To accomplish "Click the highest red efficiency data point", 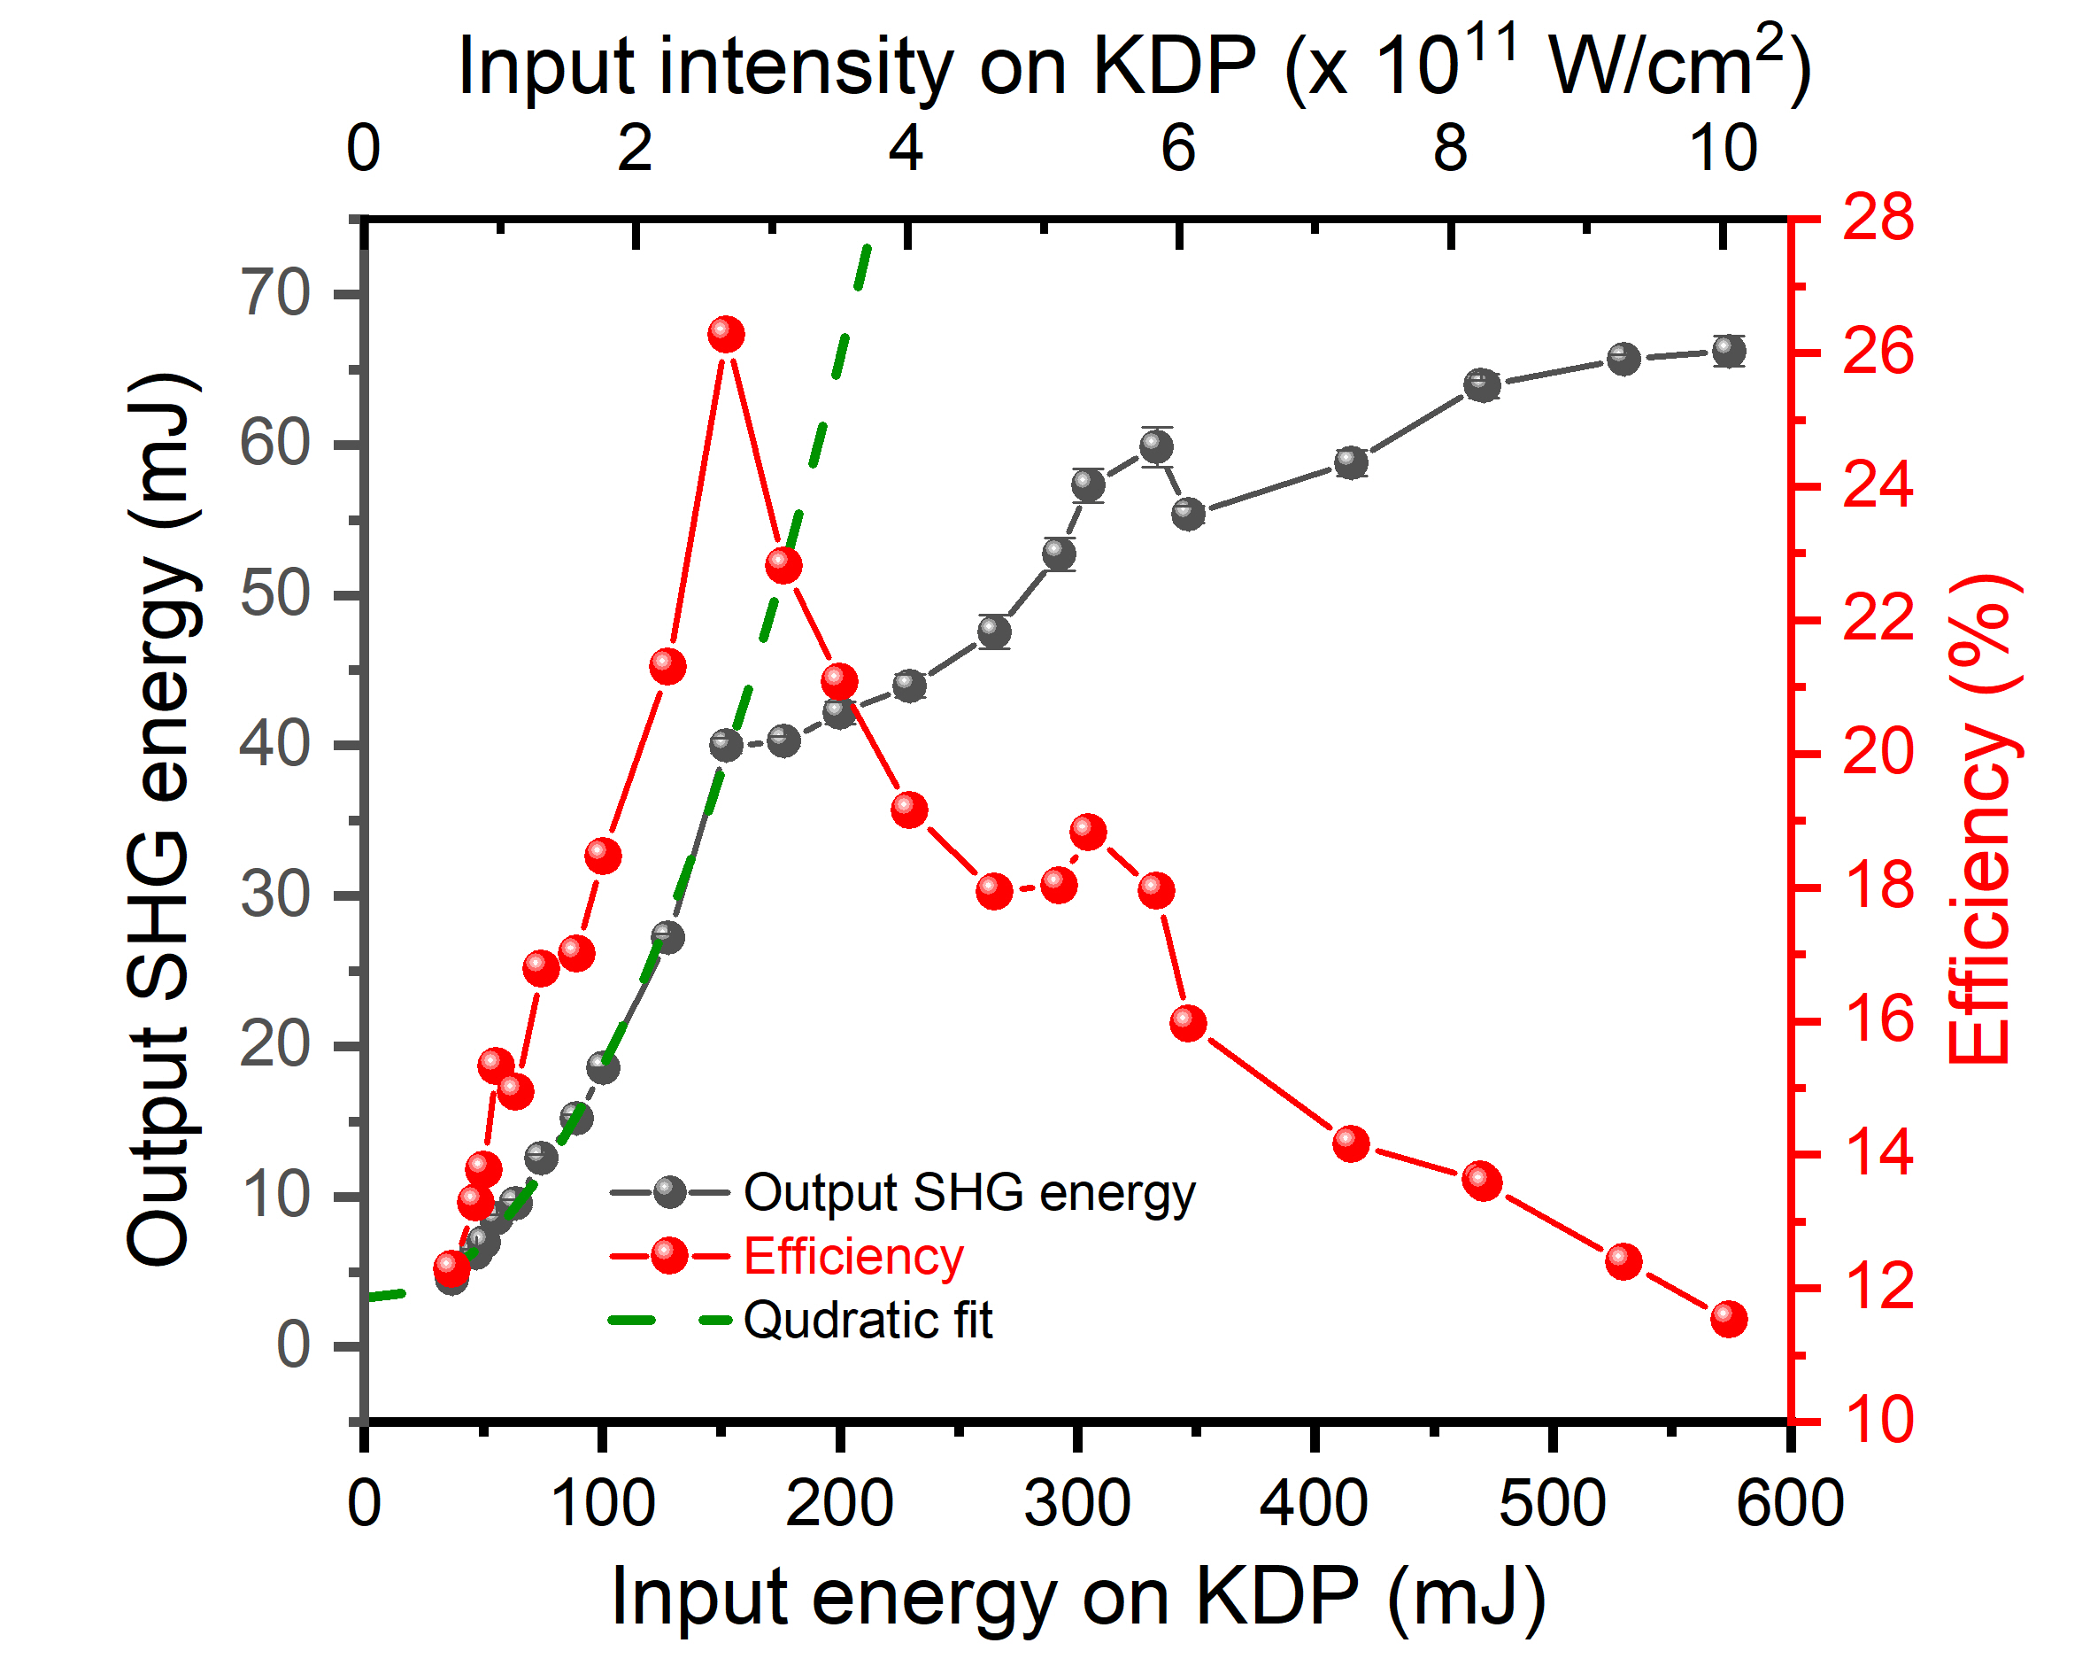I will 726,335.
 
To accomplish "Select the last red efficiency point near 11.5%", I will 1730,1319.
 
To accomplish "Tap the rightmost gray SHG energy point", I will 1729,351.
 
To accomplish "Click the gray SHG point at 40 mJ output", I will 726,745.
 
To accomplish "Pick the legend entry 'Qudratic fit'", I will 868,1320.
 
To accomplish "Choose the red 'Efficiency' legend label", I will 853,1256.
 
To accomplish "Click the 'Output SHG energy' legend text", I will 969,1192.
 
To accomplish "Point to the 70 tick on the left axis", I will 275,293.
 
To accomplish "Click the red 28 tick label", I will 1878,217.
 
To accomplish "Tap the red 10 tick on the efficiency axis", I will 1878,1421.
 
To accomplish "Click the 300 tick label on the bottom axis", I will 1077,1504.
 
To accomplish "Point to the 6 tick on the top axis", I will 1179,150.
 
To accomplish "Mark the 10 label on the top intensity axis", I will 1723,150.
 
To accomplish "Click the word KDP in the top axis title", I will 1174,68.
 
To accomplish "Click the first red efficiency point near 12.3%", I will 451,1267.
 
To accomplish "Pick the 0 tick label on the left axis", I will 293,1346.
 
